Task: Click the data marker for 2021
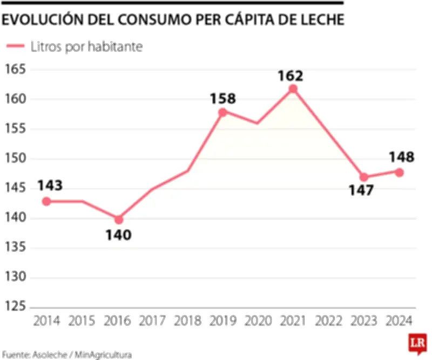[x=293, y=89]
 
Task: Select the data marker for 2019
[x=222, y=112]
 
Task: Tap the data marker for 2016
[x=118, y=219]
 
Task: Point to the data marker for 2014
[x=46, y=201]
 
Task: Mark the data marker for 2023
[x=364, y=177]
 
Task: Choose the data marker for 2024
[x=399, y=172]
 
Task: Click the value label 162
[x=291, y=76]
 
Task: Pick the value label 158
[x=223, y=99]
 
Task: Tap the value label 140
[x=118, y=235]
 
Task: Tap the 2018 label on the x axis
[x=187, y=321]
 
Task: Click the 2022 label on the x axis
[x=328, y=321]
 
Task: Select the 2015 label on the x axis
[x=82, y=321]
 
